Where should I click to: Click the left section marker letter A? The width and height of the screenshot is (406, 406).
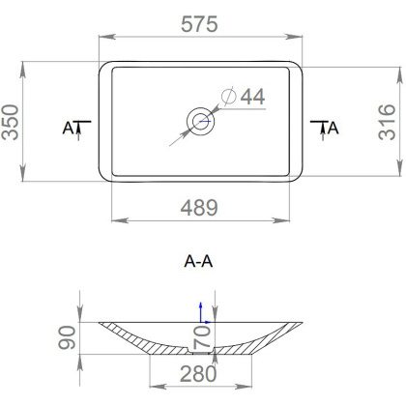68,128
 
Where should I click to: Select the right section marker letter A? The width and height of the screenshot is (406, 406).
333,128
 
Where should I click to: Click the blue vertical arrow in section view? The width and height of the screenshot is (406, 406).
200,308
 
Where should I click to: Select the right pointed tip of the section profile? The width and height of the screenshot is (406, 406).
304,322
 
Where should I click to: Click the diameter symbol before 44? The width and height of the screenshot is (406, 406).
229,97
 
